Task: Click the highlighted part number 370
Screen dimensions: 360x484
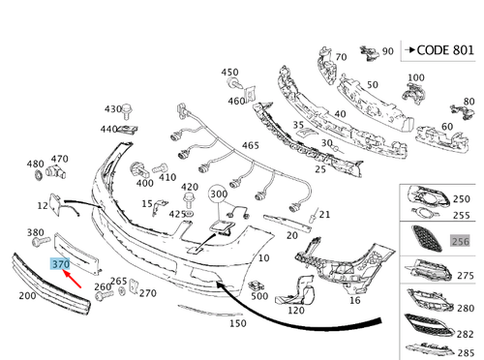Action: click(x=60, y=263)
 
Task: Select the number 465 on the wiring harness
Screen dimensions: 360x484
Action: click(x=251, y=145)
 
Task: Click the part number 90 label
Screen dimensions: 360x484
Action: click(x=388, y=50)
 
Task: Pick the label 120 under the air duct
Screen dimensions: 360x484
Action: click(x=296, y=311)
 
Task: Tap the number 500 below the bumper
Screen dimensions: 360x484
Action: click(x=258, y=295)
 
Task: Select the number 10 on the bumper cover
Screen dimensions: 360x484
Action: click(x=264, y=260)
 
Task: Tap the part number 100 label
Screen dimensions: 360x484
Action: click(x=416, y=77)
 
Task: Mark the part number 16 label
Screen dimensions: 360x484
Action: click(x=354, y=301)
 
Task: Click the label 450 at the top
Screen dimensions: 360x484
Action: click(x=229, y=73)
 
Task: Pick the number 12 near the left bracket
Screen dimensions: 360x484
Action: click(x=44, y=205)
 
